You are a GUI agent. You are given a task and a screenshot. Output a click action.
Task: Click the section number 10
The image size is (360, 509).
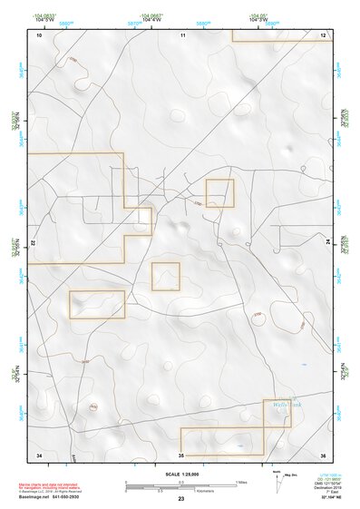pyautogui.click(x=39, y=34)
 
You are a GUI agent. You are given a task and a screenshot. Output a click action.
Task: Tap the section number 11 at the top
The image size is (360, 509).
pyautogui.click(x=182, y=34)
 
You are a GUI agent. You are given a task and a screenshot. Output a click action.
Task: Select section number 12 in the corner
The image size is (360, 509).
pyautogui.click(x=323, y=34)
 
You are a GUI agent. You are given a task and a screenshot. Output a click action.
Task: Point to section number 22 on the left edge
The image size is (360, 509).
pyautogui.click(x=34, y=243)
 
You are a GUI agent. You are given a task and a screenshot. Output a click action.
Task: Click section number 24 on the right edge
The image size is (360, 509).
pyautogui.click(x=328, y=243)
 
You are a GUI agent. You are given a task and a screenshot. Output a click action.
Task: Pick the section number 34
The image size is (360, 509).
pyautogui.click(x=39, y=453)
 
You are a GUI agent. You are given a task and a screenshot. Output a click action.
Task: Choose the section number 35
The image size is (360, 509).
pyautogui.click(x=181, y=454)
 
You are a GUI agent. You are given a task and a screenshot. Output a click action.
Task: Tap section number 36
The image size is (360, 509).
pyautogui.click(x=323, y=453)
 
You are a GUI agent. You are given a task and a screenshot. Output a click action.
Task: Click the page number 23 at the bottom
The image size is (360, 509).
pyautogui.click(x=180, y=499)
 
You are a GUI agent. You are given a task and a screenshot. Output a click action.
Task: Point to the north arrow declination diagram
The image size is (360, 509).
pyautogui.click(x=277, y=478)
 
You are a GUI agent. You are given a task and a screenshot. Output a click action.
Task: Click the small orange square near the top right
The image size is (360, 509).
pyautogui.click(x=219, y=192)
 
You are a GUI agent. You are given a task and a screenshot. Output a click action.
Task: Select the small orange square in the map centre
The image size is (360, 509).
pyautogui.click(x=165, y=276)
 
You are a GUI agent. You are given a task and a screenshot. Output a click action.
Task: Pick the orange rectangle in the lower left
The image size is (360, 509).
pyautogui.click(x=97, y=304)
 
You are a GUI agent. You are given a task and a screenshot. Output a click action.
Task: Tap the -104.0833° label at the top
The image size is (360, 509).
pyautogui.click(x=39, y=15)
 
